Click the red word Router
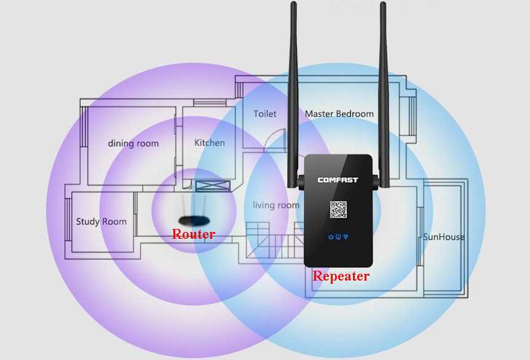pyautogui.click(x=193, y=234)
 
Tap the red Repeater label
pyautogui.click(x=341, y=276)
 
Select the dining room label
pyautogui.click(x=133, y=143)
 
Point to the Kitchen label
pyautogui.click(x=210, y=143)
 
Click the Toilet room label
pyautogui.click(x=265, y=114)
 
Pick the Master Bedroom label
pyautogui.click(x=339, y=114)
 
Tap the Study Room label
pyautogui.click(x=101, y=222)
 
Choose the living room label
pyautogui.click(x=276, y=205)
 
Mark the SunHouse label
pyautogui.click(x=444, y=237)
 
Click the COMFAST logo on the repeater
pyautogui.click(x=338, y=180)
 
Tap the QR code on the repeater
pyautogui.click(x=339, y=210)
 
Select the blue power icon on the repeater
pyautogui.click(x=331, y=237)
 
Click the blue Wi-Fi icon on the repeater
pyautogui.click(x=346, y=237)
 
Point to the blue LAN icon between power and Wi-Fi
pyautogui.click(x=338, y=237)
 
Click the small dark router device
pyautogui.click(x=194, y=220)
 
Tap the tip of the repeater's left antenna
pyautogui.click(x=293, y=5)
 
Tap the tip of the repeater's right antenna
pyautogui.click(x=383, y=5)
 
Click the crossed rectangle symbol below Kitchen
pyautogui.click(x=213, y=186)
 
